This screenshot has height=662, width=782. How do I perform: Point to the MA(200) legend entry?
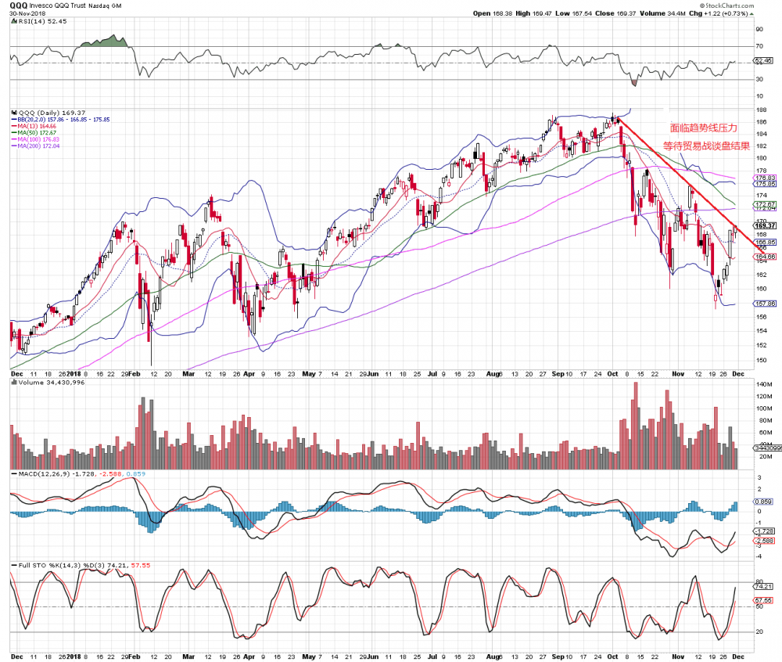pyautogui.click(x=38, y=146)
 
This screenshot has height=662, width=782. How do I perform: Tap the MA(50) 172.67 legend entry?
pyautogui.click(x=38, y=132)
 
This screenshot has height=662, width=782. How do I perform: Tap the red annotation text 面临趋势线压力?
pyautogui.click(x=704, y=127)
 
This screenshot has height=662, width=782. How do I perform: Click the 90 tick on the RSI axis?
pyautogui.click(x=758, y=29)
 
